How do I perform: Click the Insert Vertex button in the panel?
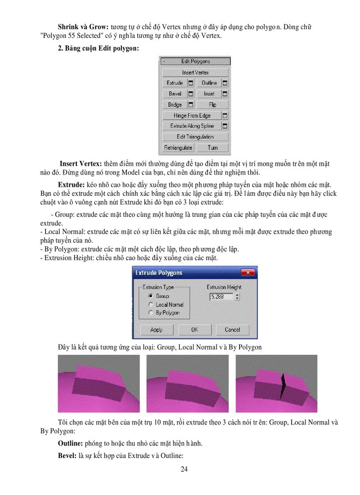195,72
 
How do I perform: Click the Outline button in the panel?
209,83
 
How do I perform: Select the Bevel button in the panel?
175,94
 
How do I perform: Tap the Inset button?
209,94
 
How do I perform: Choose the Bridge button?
175,105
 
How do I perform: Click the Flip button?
213,105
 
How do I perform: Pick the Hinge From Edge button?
192,115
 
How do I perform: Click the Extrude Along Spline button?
192,126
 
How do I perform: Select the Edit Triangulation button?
195,137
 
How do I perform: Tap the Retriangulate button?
178,148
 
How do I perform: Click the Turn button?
213,148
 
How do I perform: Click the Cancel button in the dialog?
232,330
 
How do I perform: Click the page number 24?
184,469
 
